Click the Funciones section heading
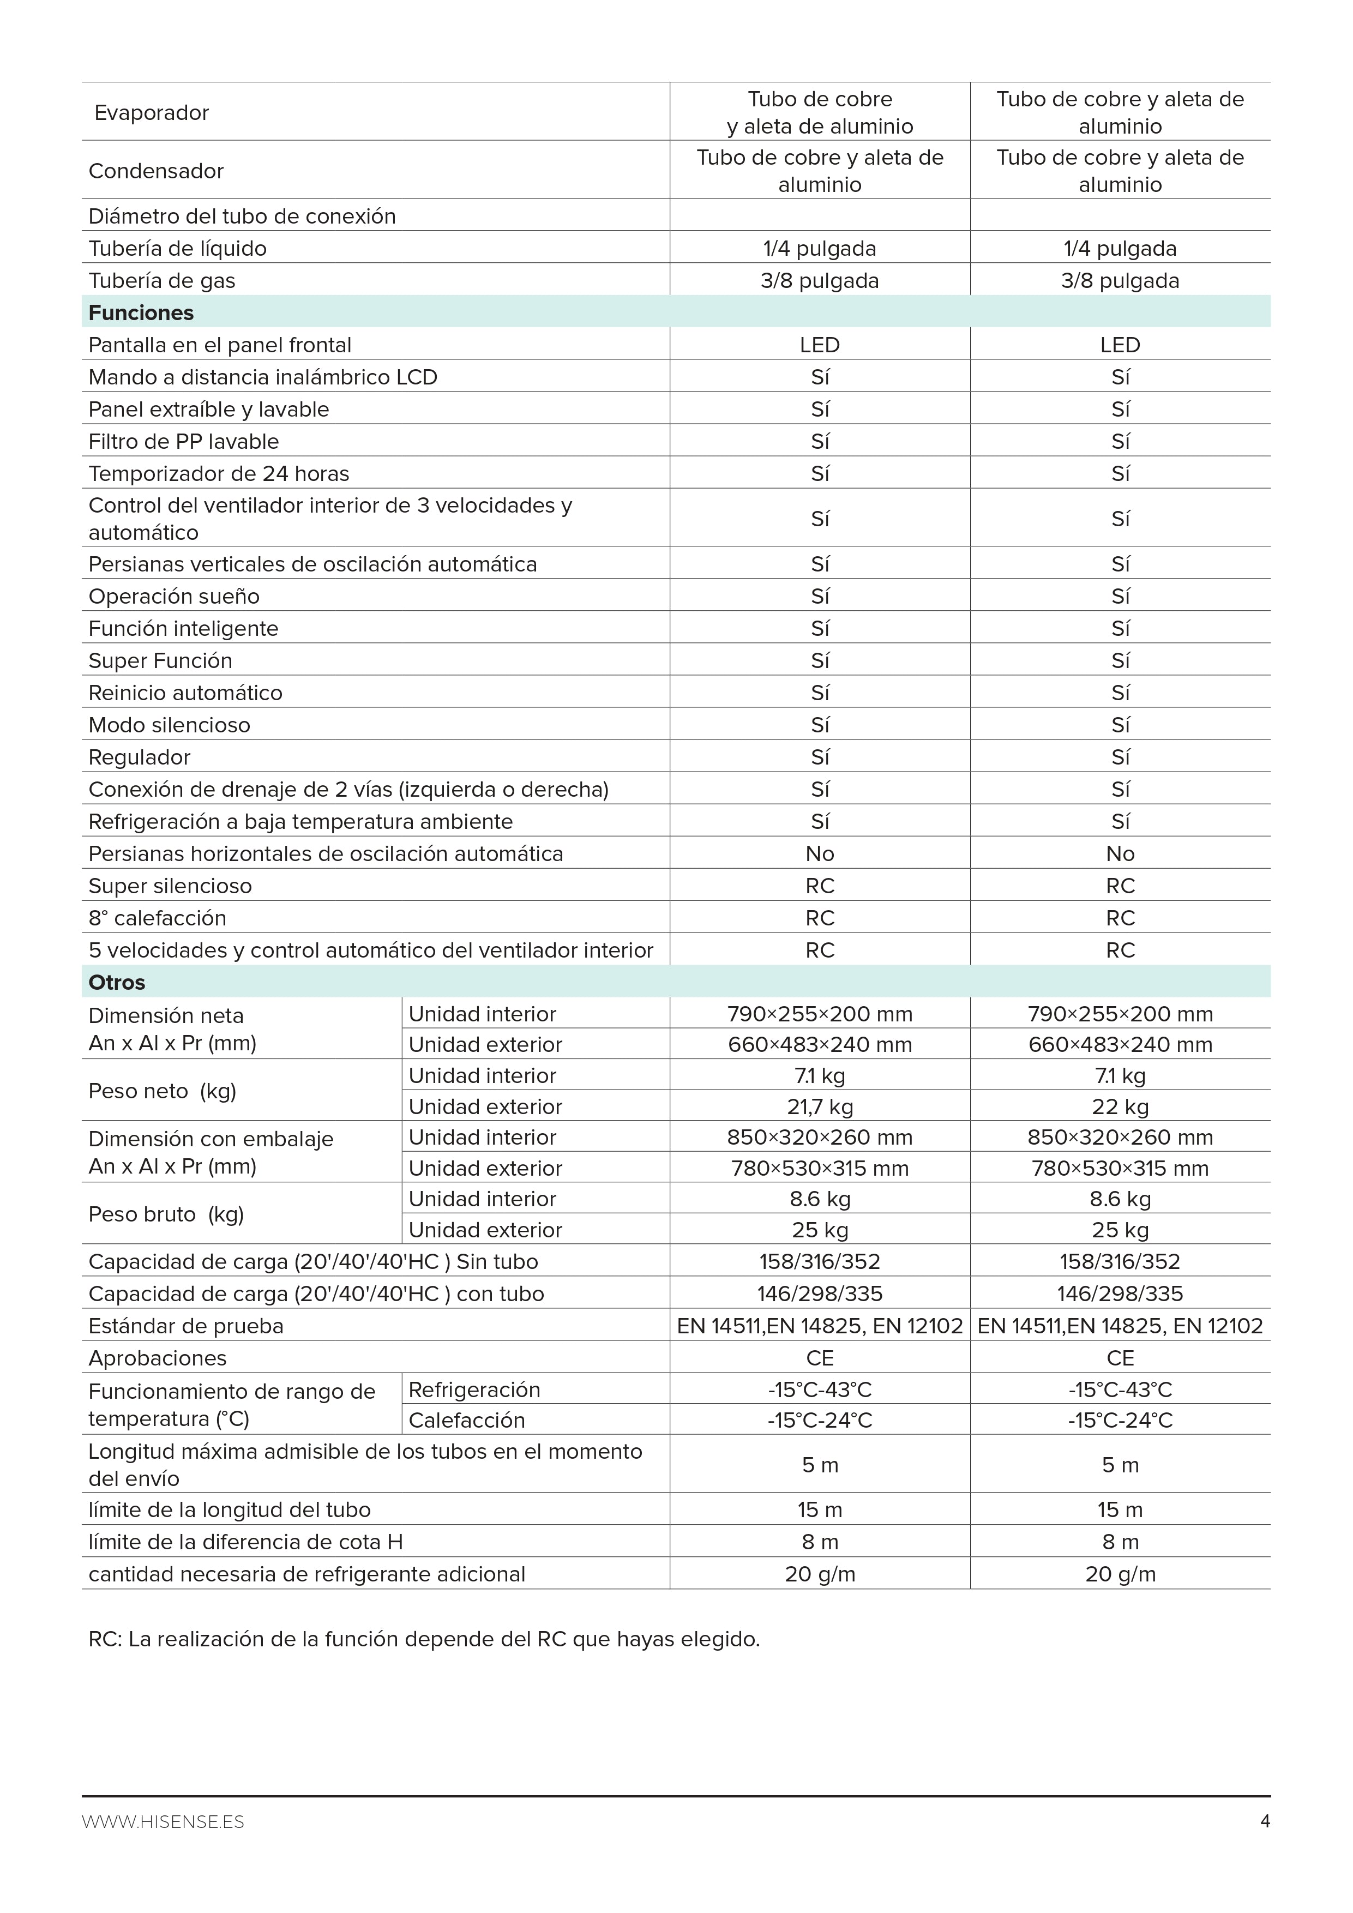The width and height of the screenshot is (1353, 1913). click(141, 312)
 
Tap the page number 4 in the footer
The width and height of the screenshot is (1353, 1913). click(1265, 1821)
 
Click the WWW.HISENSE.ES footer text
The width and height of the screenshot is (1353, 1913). click(163, 1822)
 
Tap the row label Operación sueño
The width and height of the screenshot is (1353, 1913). click(174, 597)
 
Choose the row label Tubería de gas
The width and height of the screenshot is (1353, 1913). click(161, 281)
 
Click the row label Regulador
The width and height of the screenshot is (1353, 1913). click(139, 757)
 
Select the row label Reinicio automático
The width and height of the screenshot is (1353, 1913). click(185, 693)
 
